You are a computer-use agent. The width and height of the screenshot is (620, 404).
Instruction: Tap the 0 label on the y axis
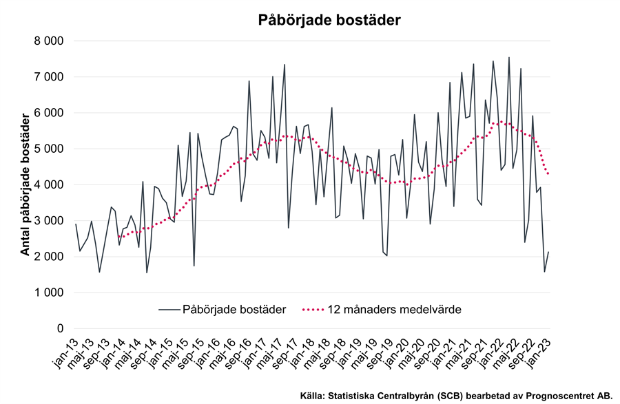pos(60,328)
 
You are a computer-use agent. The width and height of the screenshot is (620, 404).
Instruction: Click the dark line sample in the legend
pos(168,310)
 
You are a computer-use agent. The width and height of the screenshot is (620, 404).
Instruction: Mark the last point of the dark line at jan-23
pos(548,252)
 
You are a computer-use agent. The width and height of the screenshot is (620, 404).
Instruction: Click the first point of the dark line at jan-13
pos(75,224)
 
